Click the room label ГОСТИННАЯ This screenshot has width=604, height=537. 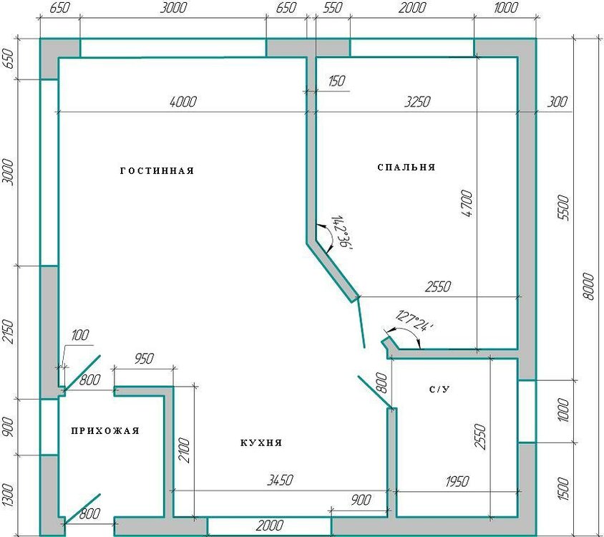click(157, 171)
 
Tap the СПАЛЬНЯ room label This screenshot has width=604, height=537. click(406, 168)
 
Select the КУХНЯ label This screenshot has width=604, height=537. click(261, 442)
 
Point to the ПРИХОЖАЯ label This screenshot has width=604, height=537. click(105, 430)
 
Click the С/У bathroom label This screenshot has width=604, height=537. click(439, 390)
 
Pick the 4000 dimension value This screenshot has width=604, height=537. click(182, 102)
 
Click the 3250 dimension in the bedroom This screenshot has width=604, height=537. click(417, 102)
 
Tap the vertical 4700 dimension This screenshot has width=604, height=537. click(467, 203)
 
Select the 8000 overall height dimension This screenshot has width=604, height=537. click(588, 286)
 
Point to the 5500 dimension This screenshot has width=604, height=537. click(563, 208)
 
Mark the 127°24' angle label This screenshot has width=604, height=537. click(414, 321)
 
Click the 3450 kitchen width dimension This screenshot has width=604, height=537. click(280, 480)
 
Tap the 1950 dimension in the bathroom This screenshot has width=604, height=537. click(457, 481)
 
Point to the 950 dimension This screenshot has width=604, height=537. click(144, 359)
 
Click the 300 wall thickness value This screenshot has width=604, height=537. click(557, 102)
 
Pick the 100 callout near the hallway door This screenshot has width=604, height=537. click(79, 335)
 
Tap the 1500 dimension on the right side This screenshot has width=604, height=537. click(563, 488)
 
